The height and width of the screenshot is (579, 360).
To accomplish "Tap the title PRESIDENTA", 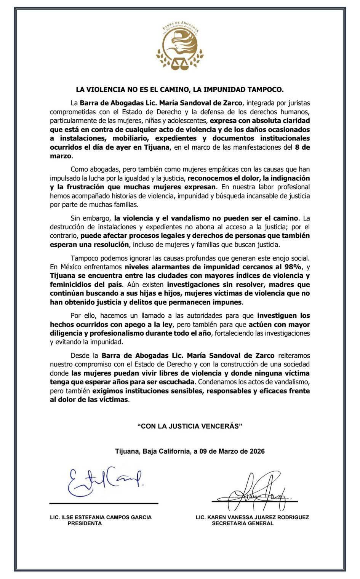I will pyautogui.click(x=85, y=523).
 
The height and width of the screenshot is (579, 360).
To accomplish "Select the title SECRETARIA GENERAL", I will pyautogui.click(x=243, y=523).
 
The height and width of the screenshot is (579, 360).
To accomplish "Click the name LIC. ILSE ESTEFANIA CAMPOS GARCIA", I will pyautogui.click(x=101, y=517).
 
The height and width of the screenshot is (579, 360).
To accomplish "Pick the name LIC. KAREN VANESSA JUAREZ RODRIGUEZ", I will pyautogui.click(x=252, y=517).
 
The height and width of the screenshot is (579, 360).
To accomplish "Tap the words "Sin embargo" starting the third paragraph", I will pyautogui.click(x=90, y=218).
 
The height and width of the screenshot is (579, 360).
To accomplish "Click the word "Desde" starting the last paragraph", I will pyautogui.click(x=79, y=356).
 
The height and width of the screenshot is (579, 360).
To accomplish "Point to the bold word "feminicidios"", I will pyautogui.click(x=69, y=284).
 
